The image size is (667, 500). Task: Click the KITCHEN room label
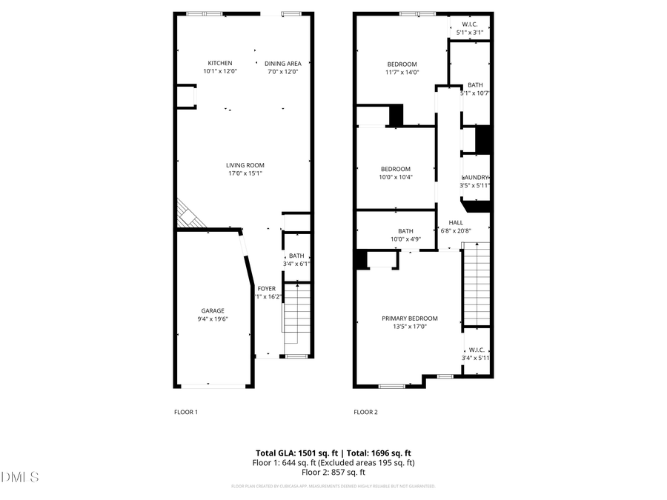[x=219, y=63]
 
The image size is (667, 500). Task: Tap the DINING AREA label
[x=282, y=63]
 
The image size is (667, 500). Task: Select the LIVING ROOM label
[x=245, y=165]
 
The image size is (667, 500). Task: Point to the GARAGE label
[x=213, y=311]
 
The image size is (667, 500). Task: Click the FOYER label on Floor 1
[x=266, y=288]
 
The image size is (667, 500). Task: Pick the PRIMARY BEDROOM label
[x=409, y=319]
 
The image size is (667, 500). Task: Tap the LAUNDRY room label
[x=476, y=178]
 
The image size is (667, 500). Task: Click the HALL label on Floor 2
[x=456, y=222]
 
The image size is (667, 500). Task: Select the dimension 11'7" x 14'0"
[x=402, y=73]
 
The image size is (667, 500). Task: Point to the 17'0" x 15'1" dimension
[x=245, y=174]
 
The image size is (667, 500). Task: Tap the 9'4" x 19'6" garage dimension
[x=213, y=320]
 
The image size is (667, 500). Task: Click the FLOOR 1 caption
[x=185, y=412]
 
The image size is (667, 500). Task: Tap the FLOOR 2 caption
[x=365, y=412]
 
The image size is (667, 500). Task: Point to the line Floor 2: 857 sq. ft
[x=333, y=472]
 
